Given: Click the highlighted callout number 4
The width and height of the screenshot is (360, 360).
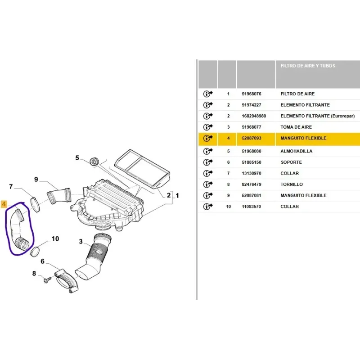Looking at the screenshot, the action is click(4, 204).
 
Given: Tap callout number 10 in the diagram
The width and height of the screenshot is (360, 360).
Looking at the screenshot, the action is click(55, 239).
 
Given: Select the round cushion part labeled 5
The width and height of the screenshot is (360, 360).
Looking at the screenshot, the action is click(94, 161).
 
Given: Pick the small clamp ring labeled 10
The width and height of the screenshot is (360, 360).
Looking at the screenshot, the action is click(35, 251).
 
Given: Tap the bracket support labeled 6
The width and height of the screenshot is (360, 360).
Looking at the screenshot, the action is click(67, 280).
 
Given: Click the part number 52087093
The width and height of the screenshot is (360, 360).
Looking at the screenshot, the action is click(252, 138).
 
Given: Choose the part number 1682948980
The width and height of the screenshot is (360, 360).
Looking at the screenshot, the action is click(254, 116).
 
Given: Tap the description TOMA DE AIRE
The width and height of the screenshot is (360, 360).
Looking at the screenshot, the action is click(296, 127).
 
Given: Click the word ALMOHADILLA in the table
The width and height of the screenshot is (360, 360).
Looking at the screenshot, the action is click(296, 151).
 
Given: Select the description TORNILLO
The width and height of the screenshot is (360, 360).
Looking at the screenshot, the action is click(292, 184).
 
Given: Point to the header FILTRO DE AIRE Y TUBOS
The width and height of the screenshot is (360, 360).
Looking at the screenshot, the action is click(308, 66).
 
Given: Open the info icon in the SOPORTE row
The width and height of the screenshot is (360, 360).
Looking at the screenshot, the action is click(208, 162).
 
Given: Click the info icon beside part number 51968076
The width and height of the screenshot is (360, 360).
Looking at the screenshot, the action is click(208, 94).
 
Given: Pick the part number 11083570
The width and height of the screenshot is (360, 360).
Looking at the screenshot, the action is click(251, 207).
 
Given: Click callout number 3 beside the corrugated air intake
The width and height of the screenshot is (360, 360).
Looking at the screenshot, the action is click(81, 242).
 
